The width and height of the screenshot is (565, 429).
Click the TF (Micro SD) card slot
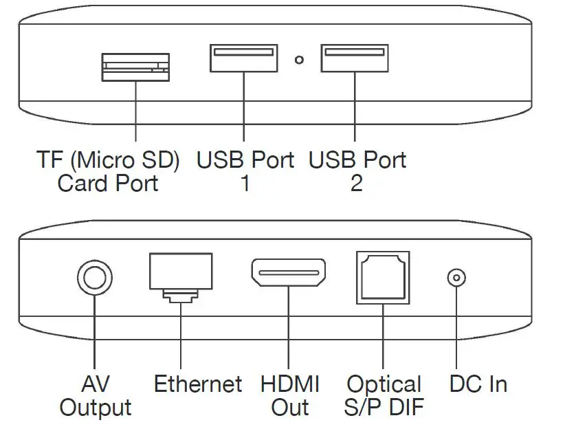pos(135,67)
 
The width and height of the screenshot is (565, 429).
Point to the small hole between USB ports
pos(299,60)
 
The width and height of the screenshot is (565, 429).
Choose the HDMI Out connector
pos(289,274)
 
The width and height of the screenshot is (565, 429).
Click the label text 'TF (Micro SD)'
pos(108,160)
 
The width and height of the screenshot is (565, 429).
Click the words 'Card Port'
pos(108,184)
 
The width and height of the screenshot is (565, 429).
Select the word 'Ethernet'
pos(198,383)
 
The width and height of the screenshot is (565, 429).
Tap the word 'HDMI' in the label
pos(289,383)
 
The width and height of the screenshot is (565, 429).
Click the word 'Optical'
pos(384,383)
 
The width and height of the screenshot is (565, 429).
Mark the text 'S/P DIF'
pos(384,406)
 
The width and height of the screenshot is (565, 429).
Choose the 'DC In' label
pos(478,383)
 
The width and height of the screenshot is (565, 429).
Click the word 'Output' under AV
pos(96,406)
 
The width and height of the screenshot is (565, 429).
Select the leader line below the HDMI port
pos(289,330)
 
